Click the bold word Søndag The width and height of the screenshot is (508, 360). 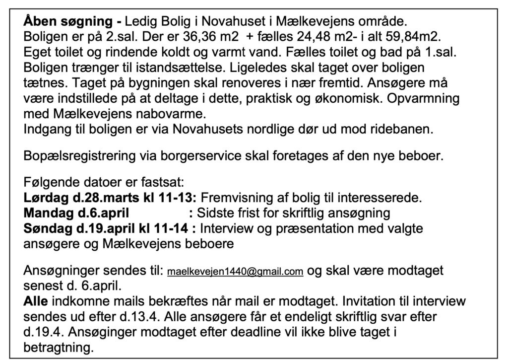47,229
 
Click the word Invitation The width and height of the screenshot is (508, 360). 370,301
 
